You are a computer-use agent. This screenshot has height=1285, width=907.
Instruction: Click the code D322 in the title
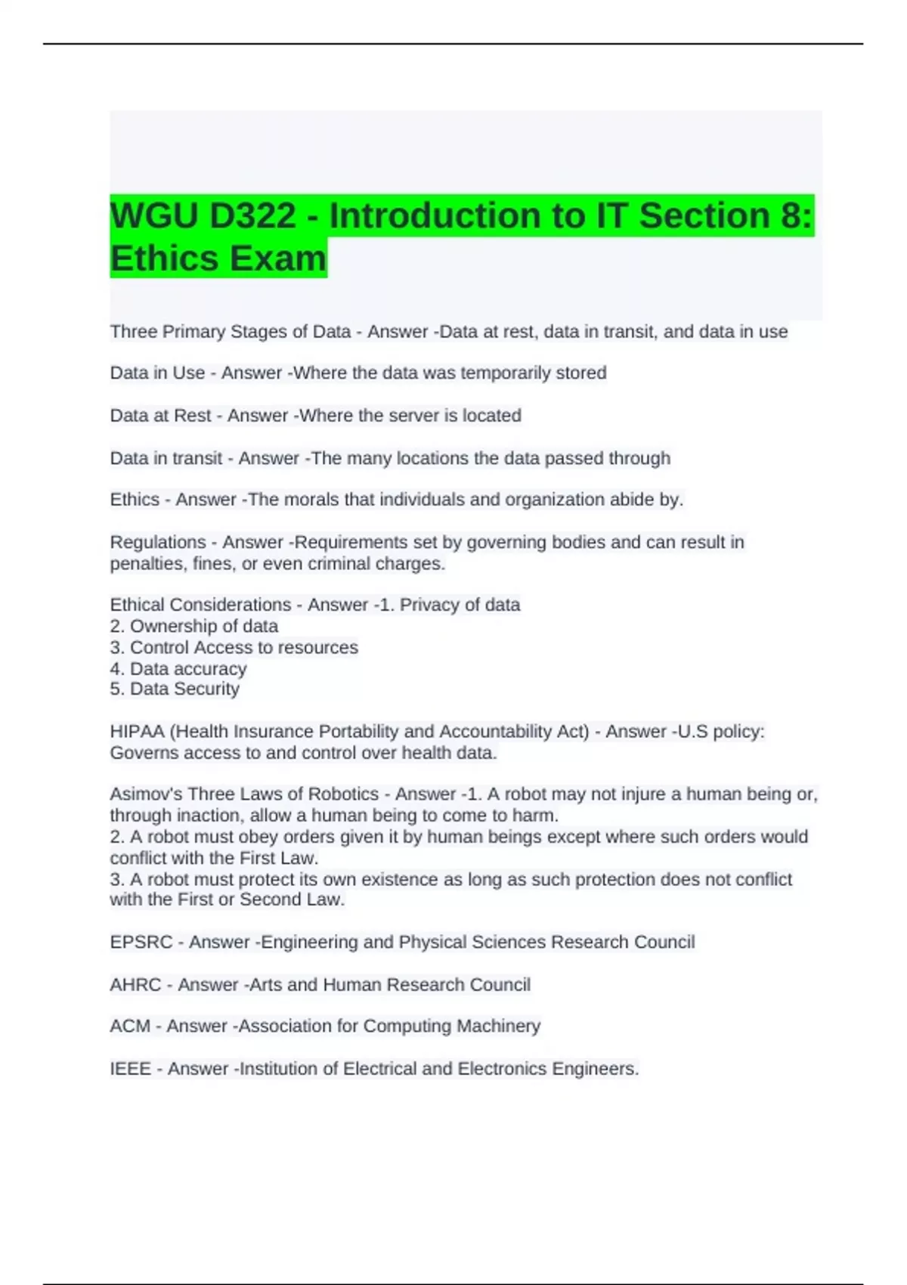click(252, 216)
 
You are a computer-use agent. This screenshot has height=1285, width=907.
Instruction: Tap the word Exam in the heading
click(278, 259)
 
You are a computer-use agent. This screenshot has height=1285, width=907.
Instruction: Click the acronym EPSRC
click(141, 943)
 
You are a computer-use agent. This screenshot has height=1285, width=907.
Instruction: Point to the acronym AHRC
click(135, 985)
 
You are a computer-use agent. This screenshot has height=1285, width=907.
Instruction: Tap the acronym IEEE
click(130, 1069)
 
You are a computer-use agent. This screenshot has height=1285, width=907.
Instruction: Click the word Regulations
click(158, 543)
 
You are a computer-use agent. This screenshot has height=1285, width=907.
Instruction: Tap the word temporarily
click(504, 373)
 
